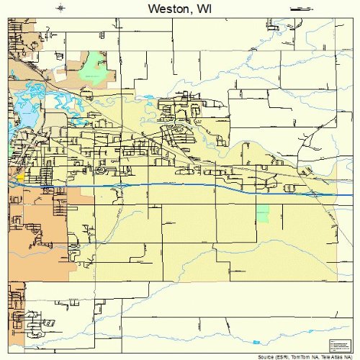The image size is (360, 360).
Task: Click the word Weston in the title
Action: point(164,9)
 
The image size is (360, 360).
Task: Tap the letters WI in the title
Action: point(202,9)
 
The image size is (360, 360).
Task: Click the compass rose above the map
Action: point(62,8)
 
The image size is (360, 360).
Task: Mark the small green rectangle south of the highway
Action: point(263,212)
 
